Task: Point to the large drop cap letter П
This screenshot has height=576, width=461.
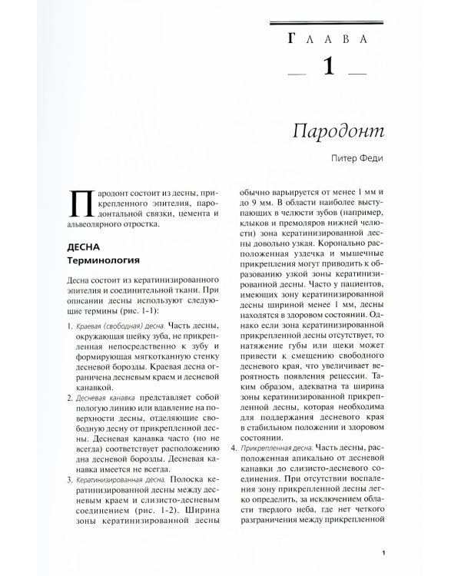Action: (81, 204)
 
